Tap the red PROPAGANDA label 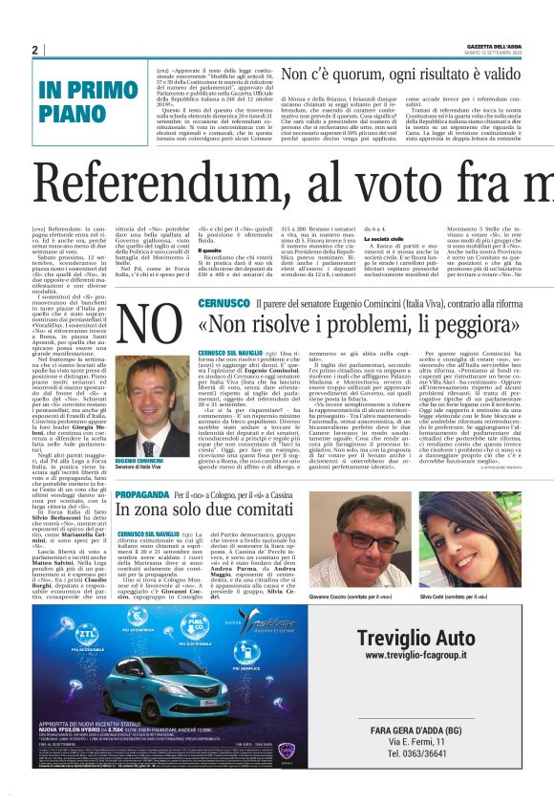[x=142, y=495]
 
